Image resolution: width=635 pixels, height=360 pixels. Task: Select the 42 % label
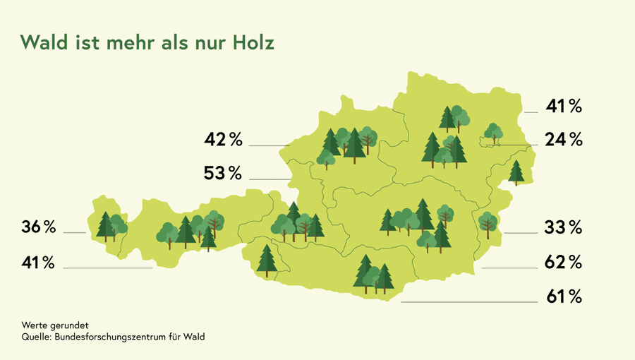(x=223, y=139)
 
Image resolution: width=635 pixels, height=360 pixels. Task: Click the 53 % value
(x=223, y=172)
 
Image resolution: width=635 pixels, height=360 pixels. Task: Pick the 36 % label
(x=38, y=227)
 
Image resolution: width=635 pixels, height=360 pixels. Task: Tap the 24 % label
(x=564, y=139)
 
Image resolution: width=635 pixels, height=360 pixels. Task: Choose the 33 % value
(x=563, y=227)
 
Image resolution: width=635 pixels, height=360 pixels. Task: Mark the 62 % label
(x=563, y=263)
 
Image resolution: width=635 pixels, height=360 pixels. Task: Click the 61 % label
(x=564, y=296)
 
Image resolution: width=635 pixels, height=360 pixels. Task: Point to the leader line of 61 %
(x=469, y=302)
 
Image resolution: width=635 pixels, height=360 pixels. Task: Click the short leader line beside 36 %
(x=74, y=232)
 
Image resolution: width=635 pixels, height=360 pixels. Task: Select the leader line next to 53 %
(x=270, y=179)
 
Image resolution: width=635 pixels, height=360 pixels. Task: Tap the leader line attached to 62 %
(x=509, y=268)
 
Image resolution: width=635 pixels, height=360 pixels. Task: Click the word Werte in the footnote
(x=33, y=326)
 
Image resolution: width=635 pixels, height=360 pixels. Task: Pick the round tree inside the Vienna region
(x=493, y=131)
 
